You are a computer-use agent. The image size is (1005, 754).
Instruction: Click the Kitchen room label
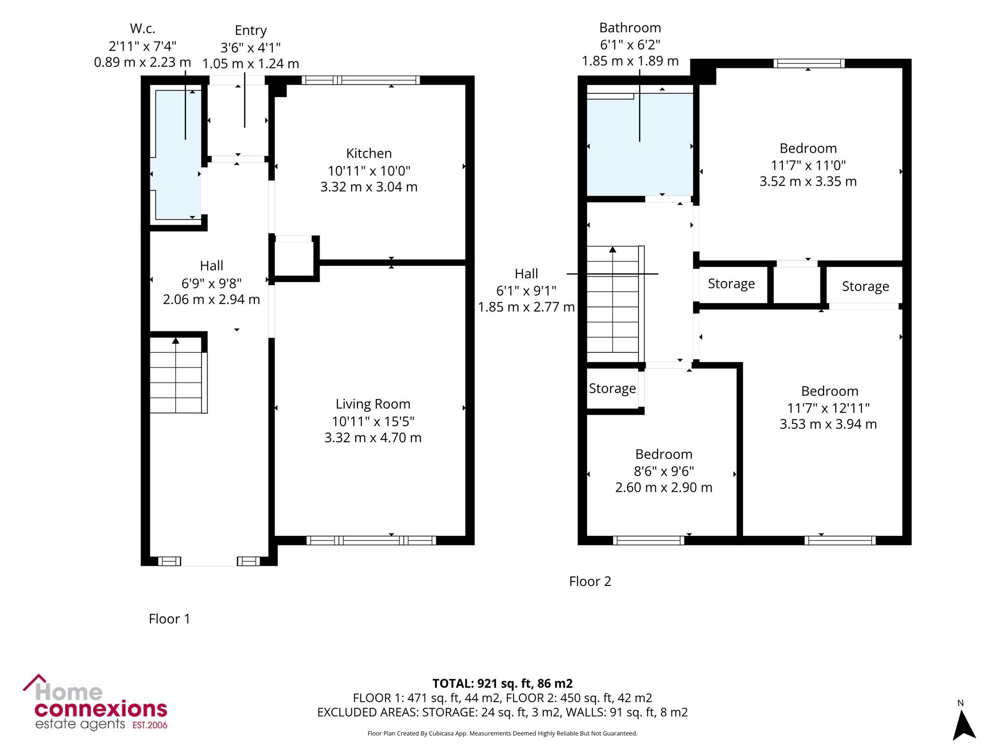[369, 153]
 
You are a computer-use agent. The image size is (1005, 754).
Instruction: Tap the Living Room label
[373, 404]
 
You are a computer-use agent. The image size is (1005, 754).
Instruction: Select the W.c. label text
[142, 29]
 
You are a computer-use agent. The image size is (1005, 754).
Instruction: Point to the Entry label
[250, 31]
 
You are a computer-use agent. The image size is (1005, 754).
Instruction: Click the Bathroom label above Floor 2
[630, 28]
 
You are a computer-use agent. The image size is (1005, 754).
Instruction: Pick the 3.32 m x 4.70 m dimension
[373, 438]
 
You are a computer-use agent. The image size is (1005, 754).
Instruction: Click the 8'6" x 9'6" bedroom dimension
[664, 471]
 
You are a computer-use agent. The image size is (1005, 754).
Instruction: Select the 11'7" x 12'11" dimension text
[829, 408]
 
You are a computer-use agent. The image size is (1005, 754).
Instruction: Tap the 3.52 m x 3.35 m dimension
[808, 181]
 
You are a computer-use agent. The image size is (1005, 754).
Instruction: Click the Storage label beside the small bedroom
[612, 389]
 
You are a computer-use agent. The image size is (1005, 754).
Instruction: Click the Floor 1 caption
[169, 619]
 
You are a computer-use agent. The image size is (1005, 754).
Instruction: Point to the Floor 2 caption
[590, 582]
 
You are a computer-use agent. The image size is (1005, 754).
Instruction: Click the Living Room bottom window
[371, 540]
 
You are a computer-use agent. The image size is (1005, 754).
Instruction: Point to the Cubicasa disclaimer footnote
[502, 733]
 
